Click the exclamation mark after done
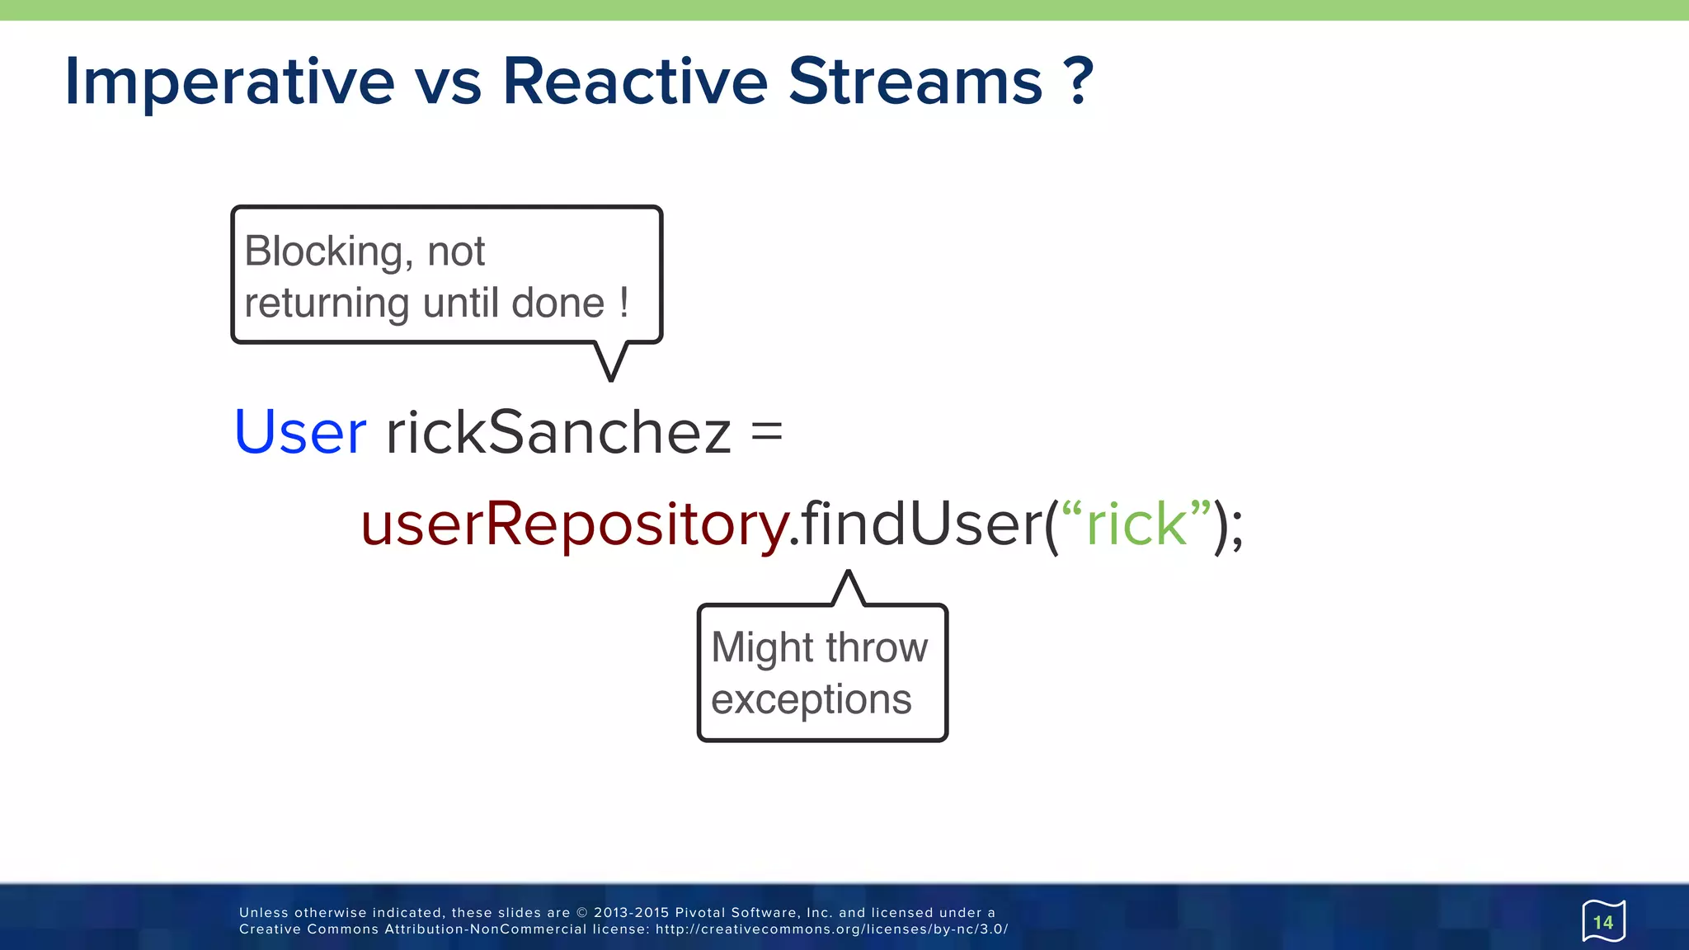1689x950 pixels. coord(624,303)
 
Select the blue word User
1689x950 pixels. coord(300,432)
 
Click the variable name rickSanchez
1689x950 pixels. coord(558,432)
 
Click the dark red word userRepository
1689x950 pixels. coord(574,524)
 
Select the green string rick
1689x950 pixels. coord(1136,524)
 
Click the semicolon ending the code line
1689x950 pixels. coord(1236,528)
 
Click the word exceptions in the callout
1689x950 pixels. coord(811,700)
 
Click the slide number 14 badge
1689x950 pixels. coord(1602,921)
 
